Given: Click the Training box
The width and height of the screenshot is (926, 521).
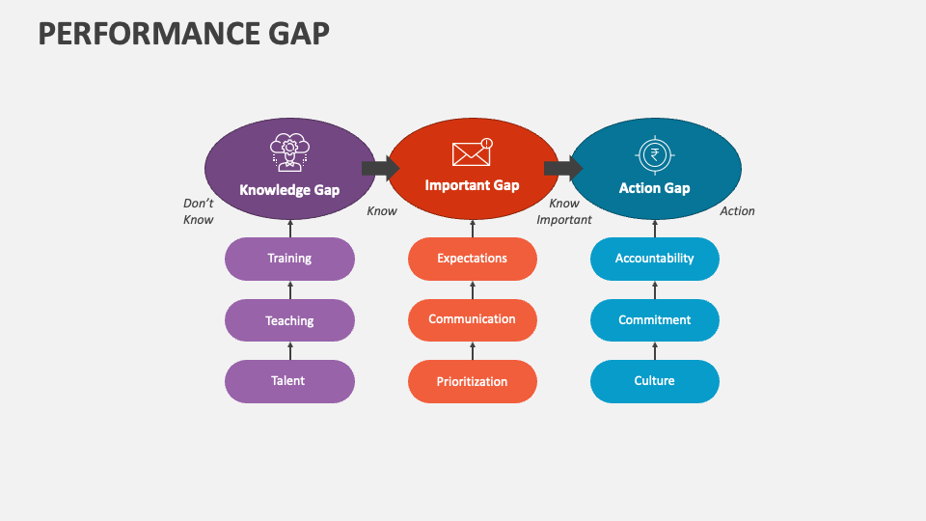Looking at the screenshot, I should point(289,259).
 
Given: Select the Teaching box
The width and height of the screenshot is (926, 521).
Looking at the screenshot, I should point(289,320).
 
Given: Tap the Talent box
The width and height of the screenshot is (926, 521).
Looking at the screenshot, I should point(289,381).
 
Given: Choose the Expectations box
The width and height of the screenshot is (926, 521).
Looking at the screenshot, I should point(472,259).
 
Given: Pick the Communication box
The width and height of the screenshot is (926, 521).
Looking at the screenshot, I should point(472,319).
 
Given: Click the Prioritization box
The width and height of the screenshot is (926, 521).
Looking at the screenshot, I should point(472,381).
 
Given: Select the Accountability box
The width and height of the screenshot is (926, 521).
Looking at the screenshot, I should point(655,259).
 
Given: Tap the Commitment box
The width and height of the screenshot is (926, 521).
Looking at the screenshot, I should point(655,319).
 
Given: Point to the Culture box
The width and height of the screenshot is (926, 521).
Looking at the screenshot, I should point(655,381).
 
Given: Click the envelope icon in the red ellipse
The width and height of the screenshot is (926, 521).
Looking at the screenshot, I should point(472,151).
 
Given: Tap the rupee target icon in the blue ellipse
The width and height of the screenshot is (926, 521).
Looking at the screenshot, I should point(655,154).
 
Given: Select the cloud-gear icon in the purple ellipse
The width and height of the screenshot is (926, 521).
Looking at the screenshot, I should point(289,153).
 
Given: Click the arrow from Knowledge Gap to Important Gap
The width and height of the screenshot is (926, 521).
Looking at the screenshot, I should point(381,169).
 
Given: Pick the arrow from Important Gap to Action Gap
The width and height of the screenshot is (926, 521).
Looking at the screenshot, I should point(563,169).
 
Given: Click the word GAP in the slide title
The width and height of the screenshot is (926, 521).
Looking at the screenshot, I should point(295,33).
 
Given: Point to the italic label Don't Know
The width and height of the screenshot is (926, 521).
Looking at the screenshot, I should point(198,211).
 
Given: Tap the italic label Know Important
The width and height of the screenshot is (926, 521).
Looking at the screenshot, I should point(564,211).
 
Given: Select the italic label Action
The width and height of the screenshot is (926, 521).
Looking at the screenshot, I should point(737,211).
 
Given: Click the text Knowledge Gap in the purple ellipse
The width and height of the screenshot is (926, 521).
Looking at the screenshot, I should point(289,190).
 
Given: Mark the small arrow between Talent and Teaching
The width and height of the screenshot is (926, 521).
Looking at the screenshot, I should point(290,350).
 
